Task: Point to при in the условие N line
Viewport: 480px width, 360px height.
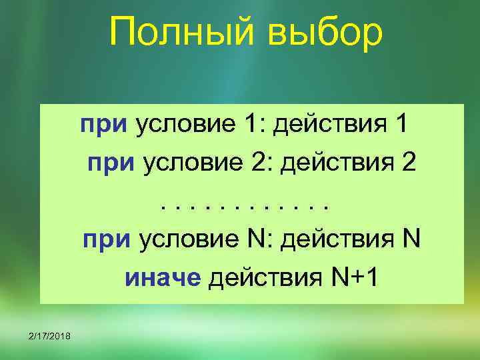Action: coord(108,239)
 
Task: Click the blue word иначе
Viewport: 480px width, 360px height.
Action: coord(163,278)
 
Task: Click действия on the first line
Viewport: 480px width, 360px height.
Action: coord(325,125)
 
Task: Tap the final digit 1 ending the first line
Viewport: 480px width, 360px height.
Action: coord(399,125)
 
